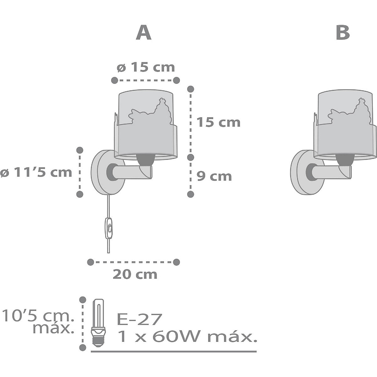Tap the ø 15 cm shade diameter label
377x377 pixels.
pos(146,68)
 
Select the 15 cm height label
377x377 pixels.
pos(218,123)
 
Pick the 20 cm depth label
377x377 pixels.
pos(135,275)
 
